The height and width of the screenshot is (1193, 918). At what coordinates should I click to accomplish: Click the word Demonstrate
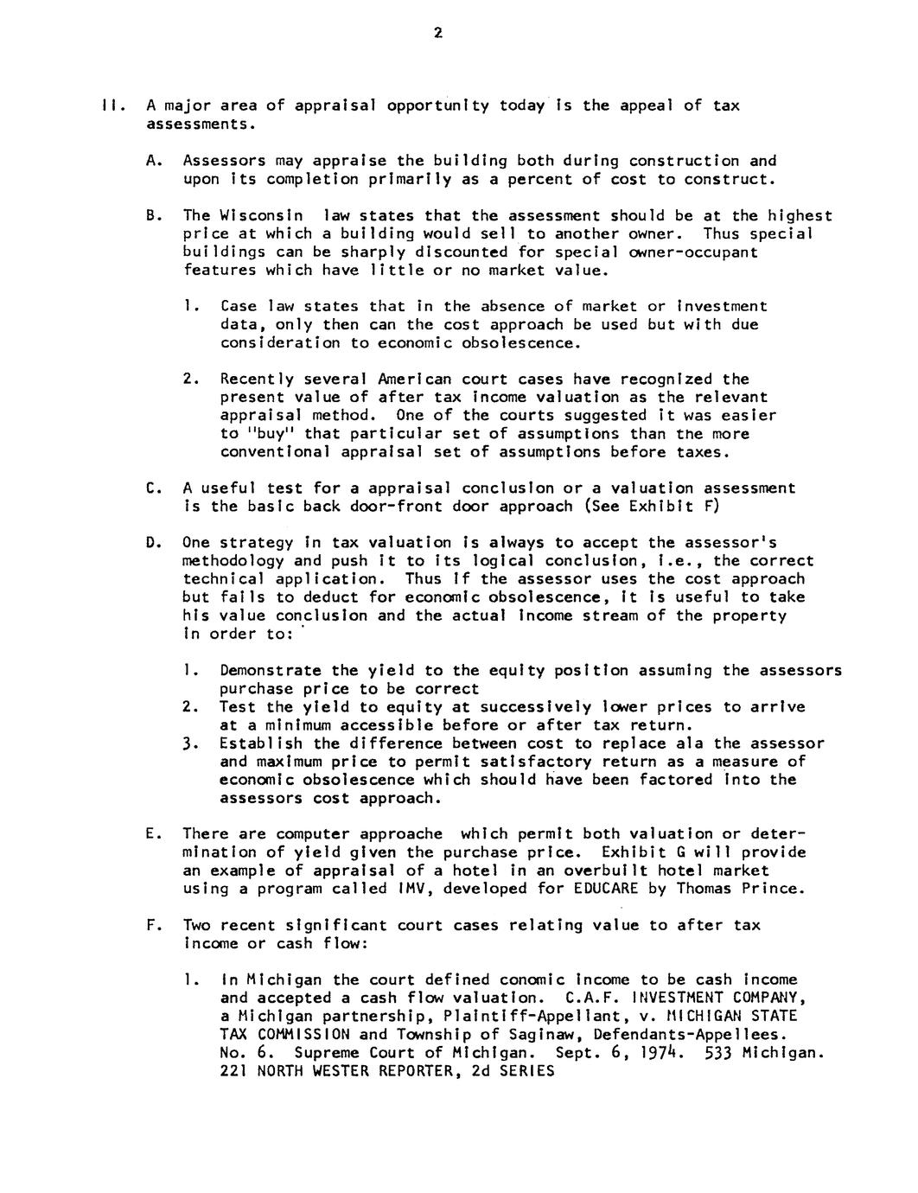[271, 671]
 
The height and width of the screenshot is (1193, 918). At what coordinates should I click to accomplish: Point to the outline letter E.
[151, 834]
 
